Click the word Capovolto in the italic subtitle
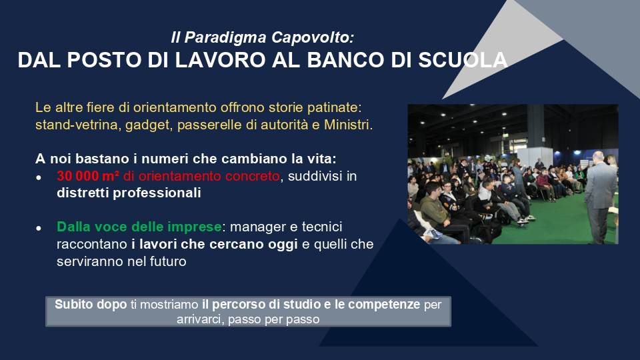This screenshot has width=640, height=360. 312,37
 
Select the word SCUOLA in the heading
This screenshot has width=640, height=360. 463,60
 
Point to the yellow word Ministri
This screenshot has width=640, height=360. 348,125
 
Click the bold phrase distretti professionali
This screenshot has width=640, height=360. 129,193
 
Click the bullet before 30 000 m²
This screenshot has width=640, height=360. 39,177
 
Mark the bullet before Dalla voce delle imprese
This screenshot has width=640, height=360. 39,228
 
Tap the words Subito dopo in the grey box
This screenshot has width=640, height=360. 91,305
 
